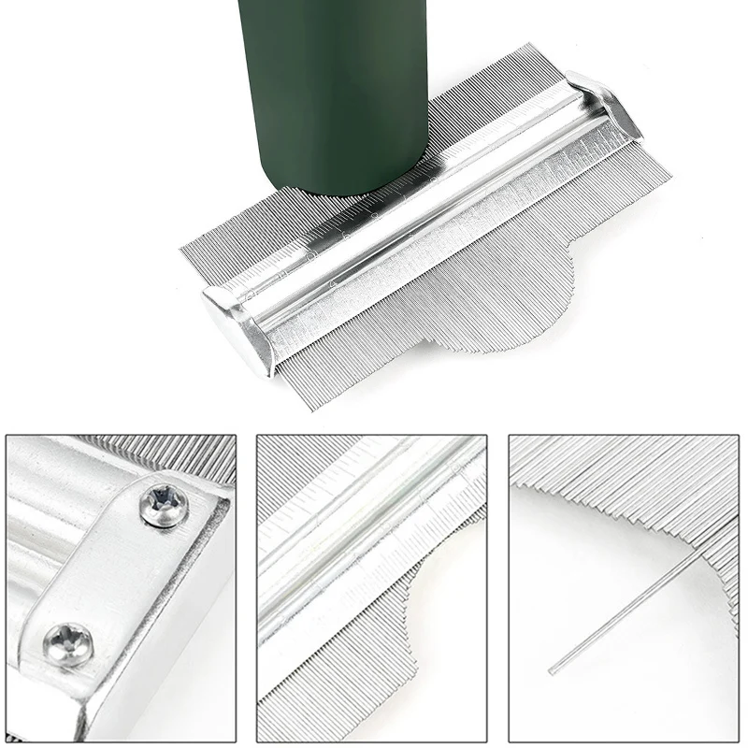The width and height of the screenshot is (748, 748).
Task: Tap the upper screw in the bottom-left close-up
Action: [165, 506]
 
